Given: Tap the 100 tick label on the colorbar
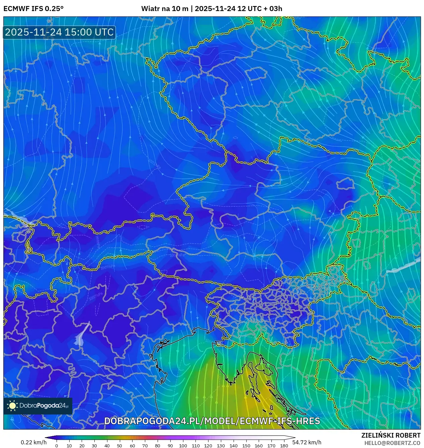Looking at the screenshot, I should [x=183, y=446].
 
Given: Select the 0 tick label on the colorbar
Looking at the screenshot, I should [x=57, y=446].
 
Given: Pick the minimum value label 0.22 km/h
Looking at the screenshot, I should [x=33, y=442].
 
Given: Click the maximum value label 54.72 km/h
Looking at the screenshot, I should [x=307, y=442].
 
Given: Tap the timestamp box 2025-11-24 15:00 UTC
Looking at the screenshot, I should [x=59, y=32].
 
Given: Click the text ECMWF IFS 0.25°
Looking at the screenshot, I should [x=33, y=9].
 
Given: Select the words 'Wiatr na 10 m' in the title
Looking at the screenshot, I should [x=165, y=9].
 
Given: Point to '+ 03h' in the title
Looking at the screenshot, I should [x=273, y=9].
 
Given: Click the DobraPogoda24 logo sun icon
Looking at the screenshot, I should [x=12, y=406].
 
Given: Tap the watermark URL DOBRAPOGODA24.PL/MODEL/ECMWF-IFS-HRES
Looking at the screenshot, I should [x=212, y=421].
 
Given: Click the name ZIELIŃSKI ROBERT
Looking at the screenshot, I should [x=391, y=435].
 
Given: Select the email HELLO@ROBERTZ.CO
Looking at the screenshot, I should [x=392, y=443].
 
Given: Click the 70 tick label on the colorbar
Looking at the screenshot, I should [x=145, y=446].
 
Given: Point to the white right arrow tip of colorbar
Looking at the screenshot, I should [x=294, y=437].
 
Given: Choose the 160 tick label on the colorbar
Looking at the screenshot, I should [x=259, y=446].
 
